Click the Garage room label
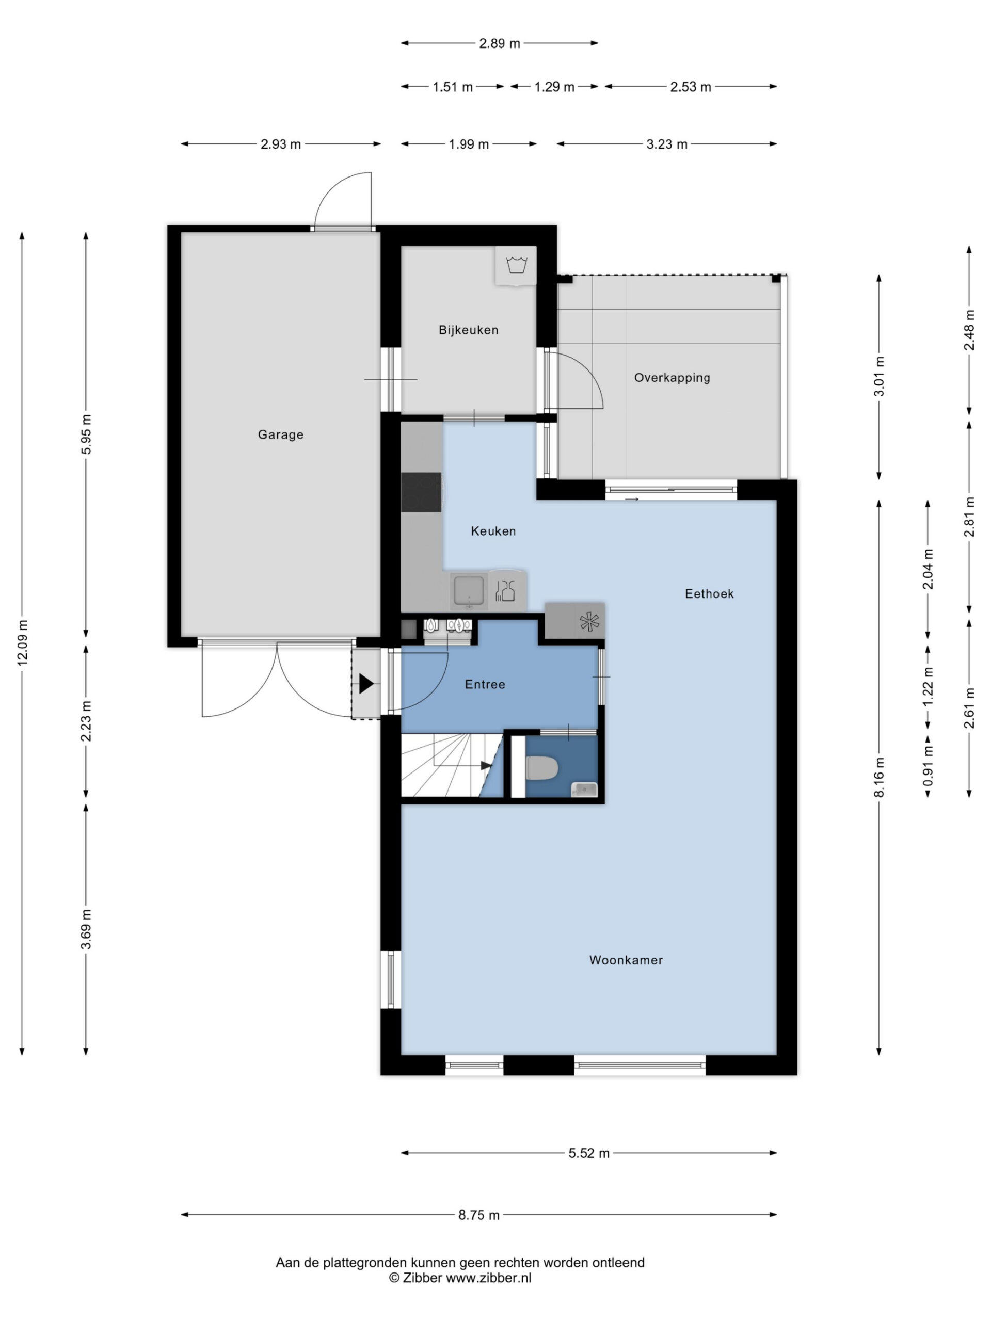click(x=280, y=435)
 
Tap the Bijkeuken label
click(x=468, y=330)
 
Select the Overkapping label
click(x=672, y=377)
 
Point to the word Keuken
click(x=493, y=531)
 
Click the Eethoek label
click(x=709, y=593)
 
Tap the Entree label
click(x=485, y=684)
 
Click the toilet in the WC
click(x=542, y=768)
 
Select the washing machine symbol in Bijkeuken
click(x=516, y=265)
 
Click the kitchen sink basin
click(x=468, y=591)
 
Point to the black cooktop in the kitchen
click(x=421, y=492)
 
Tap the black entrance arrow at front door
click(x=365, y=684)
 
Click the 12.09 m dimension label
click(x=22, y=642)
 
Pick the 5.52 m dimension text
click(x=589, y=1153)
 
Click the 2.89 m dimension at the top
click(x=500, y=43)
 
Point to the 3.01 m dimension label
click(x=878, y=376)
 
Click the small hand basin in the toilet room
click(x=584, y=790)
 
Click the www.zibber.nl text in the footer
click(x=489, y=1278)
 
